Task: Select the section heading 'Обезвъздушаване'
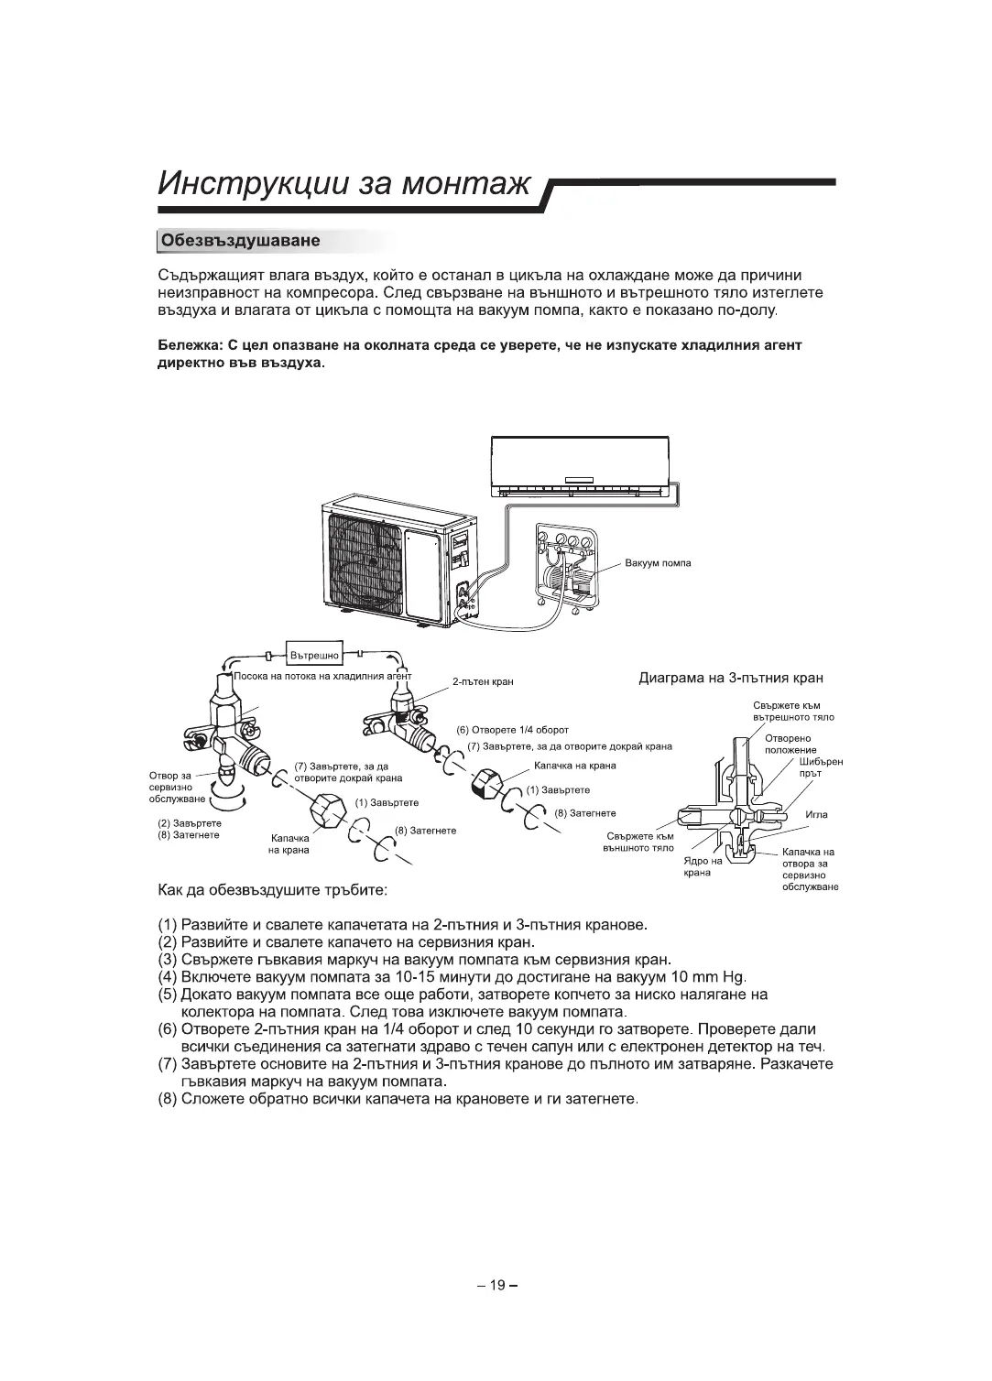240,241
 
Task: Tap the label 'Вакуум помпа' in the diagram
658,563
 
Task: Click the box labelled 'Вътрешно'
314,655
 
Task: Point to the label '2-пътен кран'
483,681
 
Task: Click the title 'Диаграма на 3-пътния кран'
730,679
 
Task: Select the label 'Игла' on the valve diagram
816,814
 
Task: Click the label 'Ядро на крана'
703,866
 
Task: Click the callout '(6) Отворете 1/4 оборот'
512,730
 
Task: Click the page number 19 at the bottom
496,1285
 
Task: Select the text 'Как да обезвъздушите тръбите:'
272,890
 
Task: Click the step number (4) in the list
167,977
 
